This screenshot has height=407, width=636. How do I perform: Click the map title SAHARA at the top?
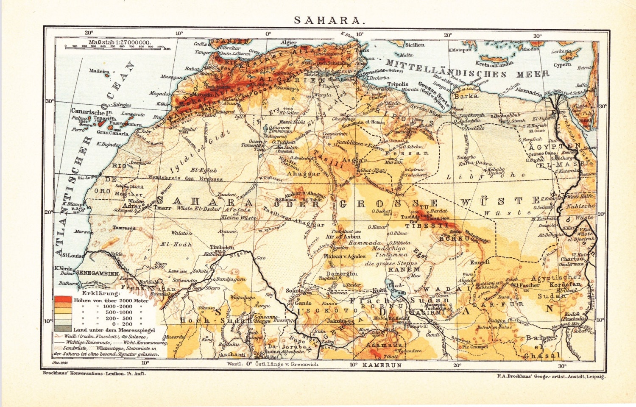point(329,20)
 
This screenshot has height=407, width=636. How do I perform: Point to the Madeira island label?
point(99,71)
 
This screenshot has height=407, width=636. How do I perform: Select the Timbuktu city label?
point(222,247)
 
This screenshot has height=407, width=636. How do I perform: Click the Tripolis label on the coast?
point(398,84)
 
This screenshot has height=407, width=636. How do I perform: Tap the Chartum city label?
point(572,259)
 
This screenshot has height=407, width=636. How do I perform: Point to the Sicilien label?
point(415,45)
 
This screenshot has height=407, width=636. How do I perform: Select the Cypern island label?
point(562,65)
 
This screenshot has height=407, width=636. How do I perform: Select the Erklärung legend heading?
point(101,293)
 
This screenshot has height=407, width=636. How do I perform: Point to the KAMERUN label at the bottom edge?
point(382,365)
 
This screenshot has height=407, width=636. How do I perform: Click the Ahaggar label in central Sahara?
point(303,174)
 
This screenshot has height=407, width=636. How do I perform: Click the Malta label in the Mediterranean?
point(405,55)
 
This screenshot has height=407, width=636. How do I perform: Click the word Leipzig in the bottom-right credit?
point(595,376)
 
